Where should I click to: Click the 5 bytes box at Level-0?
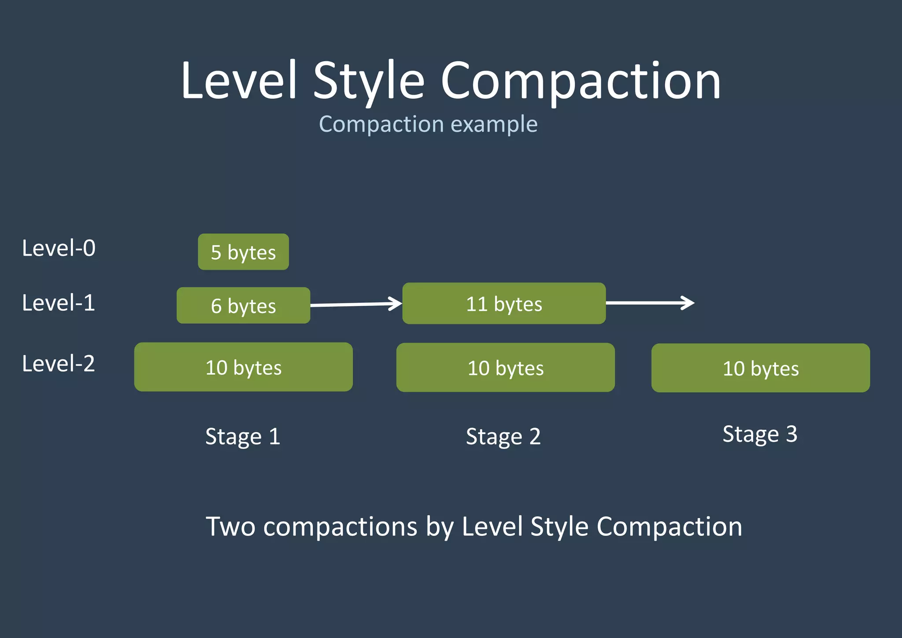click(243, 252)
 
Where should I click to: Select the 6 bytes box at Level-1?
click(243, 305)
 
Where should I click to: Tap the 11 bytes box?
click(504, 304)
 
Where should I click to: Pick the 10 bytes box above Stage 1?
click(243, 367)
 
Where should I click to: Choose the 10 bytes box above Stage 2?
click(505, 367)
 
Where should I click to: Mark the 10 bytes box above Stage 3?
click(760, 368)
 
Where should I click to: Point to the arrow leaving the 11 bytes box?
click(650, 303)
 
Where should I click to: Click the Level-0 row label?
click(59, 248)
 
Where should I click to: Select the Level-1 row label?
click(59, 303)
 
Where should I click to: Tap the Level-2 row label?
click(59, 364)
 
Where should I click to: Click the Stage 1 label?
click(243, 436)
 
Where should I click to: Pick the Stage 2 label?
click(503, 436)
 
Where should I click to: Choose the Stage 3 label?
click(760, 434)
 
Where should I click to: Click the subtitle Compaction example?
click(428, 124)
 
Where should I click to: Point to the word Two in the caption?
click(230, 526)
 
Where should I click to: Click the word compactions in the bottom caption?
click(340, 526)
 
